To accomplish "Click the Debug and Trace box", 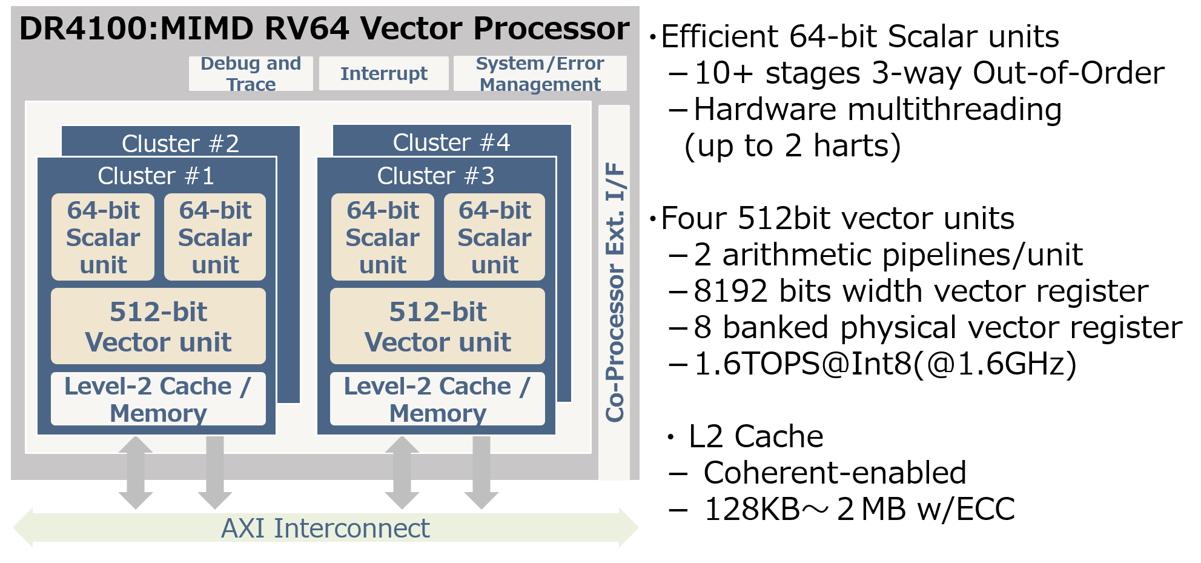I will point(251,73).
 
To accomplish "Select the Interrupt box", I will point(383,73).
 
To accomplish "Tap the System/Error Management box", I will point(540,73).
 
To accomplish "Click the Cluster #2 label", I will point(180,144).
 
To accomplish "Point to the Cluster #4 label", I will point(451,142).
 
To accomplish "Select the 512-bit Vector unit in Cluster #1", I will point(158,327).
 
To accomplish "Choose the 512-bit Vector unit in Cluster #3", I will point(437,327).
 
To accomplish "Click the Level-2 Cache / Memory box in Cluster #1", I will point(158,399).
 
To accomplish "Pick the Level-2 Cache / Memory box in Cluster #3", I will point(437,399).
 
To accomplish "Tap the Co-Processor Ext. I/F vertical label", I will point(615,291).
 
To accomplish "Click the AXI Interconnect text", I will point(325,528).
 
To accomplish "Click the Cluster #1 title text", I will point(156,176).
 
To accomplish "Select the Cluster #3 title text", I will point(435,176).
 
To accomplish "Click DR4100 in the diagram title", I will point(84,28).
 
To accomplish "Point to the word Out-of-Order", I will point(1068,73).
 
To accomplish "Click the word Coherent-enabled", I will point(835,473).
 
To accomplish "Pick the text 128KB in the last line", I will point(752,509).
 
